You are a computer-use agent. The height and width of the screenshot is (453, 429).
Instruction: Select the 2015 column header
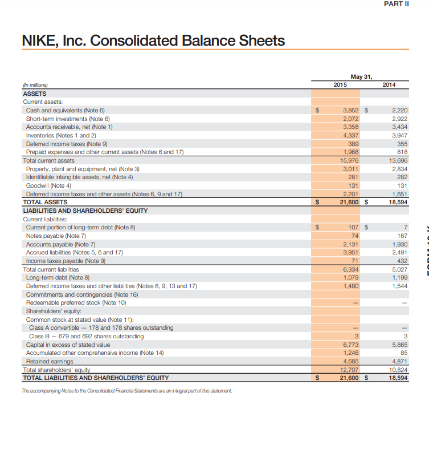coord(340,84)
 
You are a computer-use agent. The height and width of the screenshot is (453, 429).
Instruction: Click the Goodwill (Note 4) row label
coord(48,185)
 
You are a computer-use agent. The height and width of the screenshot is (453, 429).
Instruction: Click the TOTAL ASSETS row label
coord(45,202)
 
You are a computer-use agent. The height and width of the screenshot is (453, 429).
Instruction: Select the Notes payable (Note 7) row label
coord(56,236)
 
